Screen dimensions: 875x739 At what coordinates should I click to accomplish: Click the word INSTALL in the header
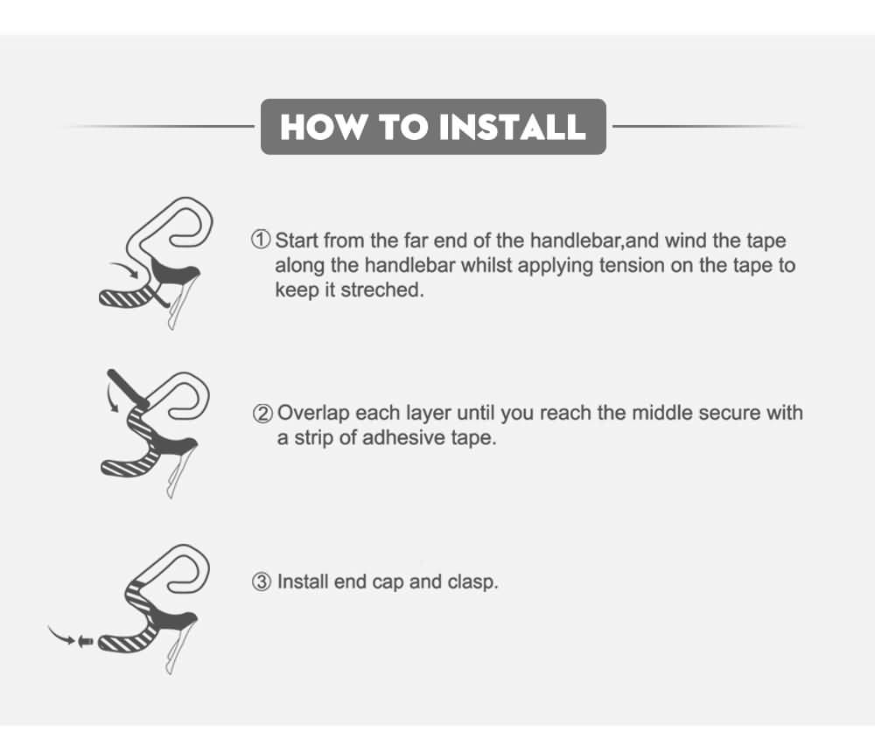pyautogui.click(x=512, y=127)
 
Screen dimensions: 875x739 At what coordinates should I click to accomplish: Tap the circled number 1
pyautogui.click(x=261, y=240)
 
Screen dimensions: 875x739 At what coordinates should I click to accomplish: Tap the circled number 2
pyautogui.click(x=262, y=414)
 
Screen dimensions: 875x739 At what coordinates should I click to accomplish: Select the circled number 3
pyautogui.click(x=261, y=582)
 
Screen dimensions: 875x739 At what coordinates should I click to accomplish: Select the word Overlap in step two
pyautogui.click(x=312, y=414)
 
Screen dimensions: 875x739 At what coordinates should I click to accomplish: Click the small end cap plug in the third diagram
pyautogui.click(x=86, y=641)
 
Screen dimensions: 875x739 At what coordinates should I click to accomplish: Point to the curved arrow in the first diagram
pyautogui.click(x=124, y=268)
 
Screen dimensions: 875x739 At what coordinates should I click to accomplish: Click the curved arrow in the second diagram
pyautogui.click(x=112, y=397)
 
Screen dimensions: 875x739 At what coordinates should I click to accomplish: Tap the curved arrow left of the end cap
pyautogui.click(x=61, y=636)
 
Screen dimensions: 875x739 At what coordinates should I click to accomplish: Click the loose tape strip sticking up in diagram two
pyautogui.click(x=128, y=387)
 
